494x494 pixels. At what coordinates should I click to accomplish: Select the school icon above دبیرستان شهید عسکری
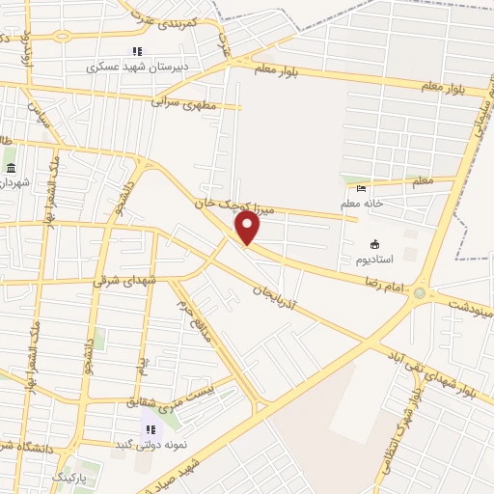137,51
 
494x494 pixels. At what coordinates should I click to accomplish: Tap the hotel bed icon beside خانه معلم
362,189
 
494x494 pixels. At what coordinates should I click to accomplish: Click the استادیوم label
375,261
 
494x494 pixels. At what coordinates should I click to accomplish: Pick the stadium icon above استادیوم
375,245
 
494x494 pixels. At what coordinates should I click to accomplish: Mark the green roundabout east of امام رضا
420,292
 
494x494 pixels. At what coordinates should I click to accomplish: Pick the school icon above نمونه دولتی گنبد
150,429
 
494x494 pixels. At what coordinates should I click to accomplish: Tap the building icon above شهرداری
11,168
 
